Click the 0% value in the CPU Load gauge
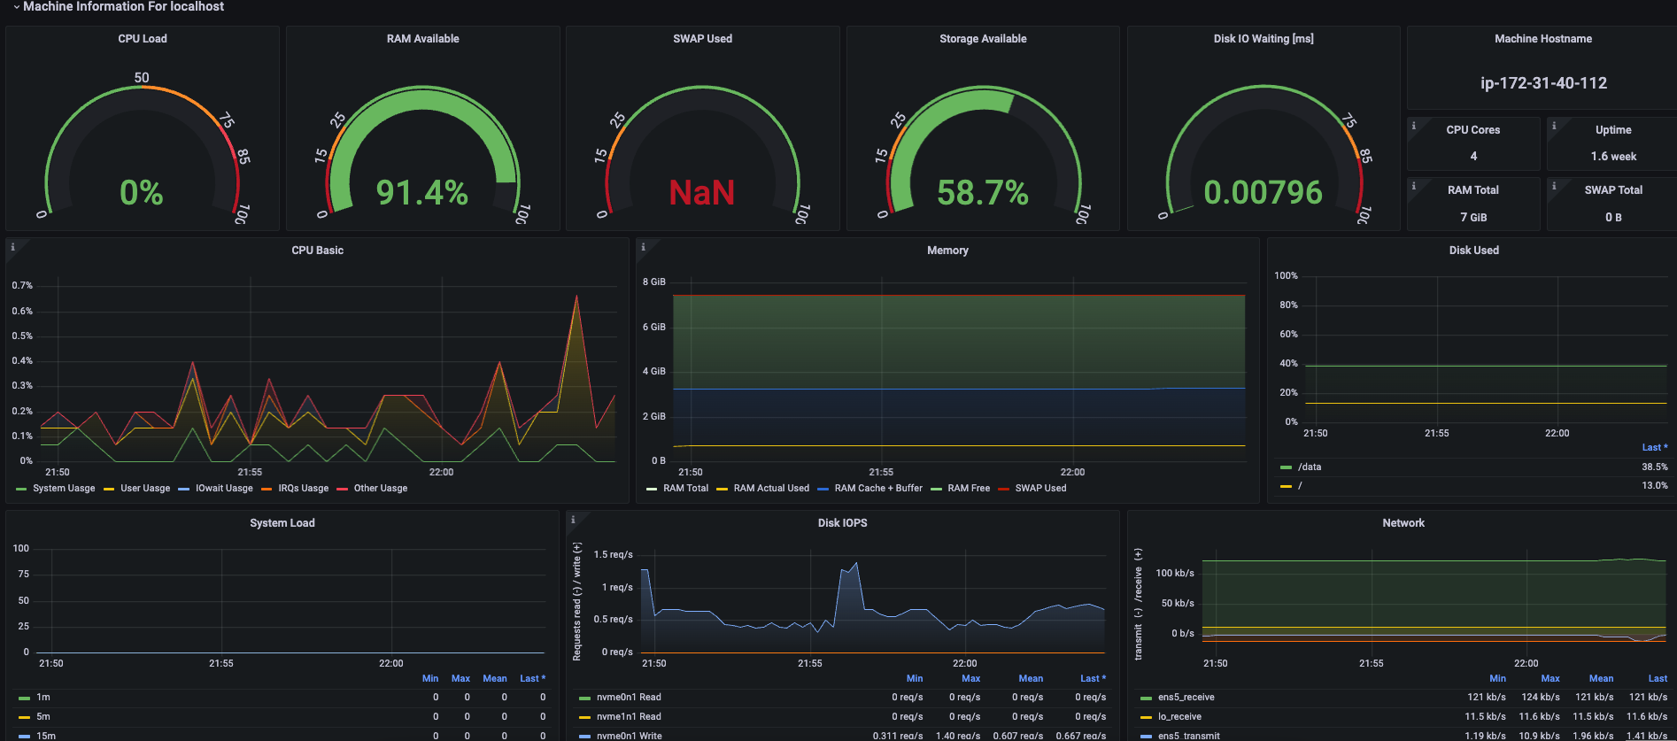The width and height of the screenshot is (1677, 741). click(x=142, y=192)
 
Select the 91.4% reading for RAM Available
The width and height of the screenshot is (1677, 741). click(x=422, y=192)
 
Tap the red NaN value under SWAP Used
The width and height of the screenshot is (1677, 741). click(x=702, y=192)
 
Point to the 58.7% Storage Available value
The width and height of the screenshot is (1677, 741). click(x=983, y=192)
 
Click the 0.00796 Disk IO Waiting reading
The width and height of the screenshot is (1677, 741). click(x=1264, y=192)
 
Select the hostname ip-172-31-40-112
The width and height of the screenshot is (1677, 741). click(x=1543, y=83)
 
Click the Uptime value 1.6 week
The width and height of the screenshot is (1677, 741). click(x=1613, y=157)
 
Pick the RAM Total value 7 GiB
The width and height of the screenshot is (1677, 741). click(x=1473, y=217)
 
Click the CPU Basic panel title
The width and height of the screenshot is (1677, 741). click(x=318, y=251)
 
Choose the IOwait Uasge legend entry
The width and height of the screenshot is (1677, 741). click(x=224, y=489)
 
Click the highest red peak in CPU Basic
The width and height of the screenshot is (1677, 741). click(x=576, y=297)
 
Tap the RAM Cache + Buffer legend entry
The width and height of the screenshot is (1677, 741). click(x=878, y=489)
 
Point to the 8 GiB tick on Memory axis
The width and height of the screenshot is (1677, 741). click(x=654, y=282)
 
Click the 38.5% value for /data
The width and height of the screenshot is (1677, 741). click(x=1655, y=467)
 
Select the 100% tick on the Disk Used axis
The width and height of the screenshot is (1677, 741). click(x=1286, y=275)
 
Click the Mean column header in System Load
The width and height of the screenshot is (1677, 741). click(x=495, y=678)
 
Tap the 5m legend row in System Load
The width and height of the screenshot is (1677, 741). click(x=43, y=716)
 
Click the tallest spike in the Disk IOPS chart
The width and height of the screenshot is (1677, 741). click(x=855, y=563)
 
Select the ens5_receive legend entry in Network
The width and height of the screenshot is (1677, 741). click(x=1186, y=697)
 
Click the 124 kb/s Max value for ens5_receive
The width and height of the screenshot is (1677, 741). click(x=1541, y=697)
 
